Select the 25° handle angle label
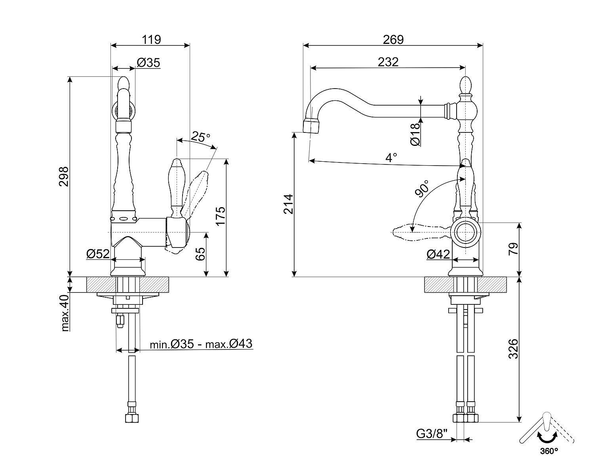200,137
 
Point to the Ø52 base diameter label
98,254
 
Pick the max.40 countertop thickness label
65,312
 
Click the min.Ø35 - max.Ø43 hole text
201,344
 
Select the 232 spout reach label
388,62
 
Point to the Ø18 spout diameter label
415,134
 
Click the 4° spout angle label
391,158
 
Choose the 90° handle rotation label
422,189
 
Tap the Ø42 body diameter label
438,255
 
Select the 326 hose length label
513,348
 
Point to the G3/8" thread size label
432,434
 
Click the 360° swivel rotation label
548,450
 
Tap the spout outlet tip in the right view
311,126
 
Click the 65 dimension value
200,253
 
